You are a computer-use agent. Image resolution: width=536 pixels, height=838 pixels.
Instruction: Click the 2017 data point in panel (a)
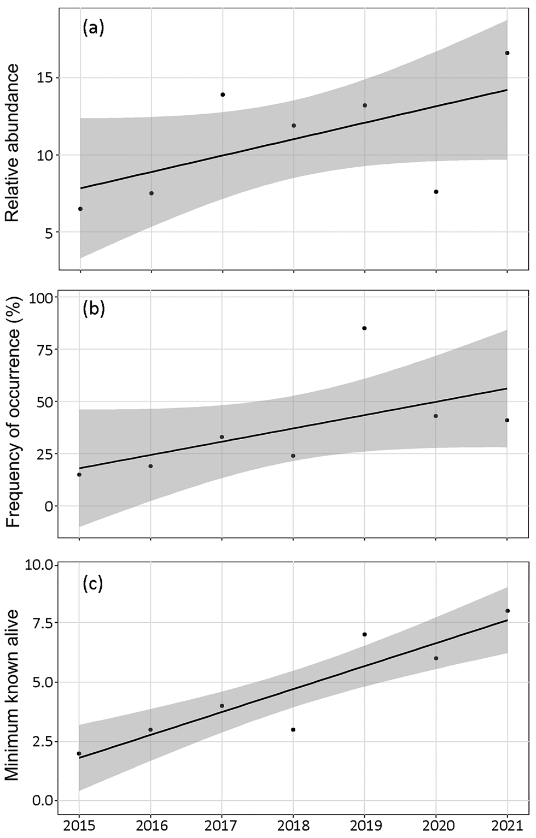pos(223,95)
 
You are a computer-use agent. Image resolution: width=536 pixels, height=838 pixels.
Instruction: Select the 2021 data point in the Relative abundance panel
pos(507,53)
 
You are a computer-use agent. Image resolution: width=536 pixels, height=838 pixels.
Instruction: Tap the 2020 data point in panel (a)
pos(436,192)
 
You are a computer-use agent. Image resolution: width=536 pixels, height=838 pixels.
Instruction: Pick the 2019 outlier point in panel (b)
pos(364,328)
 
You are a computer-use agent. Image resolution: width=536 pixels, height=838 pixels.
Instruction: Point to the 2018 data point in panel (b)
pos(293,456)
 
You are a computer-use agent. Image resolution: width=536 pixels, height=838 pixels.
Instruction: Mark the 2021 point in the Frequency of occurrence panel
pos(507,420)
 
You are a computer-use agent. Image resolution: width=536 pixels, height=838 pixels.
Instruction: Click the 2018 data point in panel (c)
pos(293,729)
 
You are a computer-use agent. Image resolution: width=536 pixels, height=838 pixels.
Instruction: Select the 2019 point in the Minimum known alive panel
pos(364,634)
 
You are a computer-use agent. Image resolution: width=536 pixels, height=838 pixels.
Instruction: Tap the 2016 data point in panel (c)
pos(151,729)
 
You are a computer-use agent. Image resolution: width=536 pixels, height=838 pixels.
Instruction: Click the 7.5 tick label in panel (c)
pos(39,623)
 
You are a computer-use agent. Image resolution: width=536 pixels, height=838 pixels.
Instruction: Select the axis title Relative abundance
pos(13,143)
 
